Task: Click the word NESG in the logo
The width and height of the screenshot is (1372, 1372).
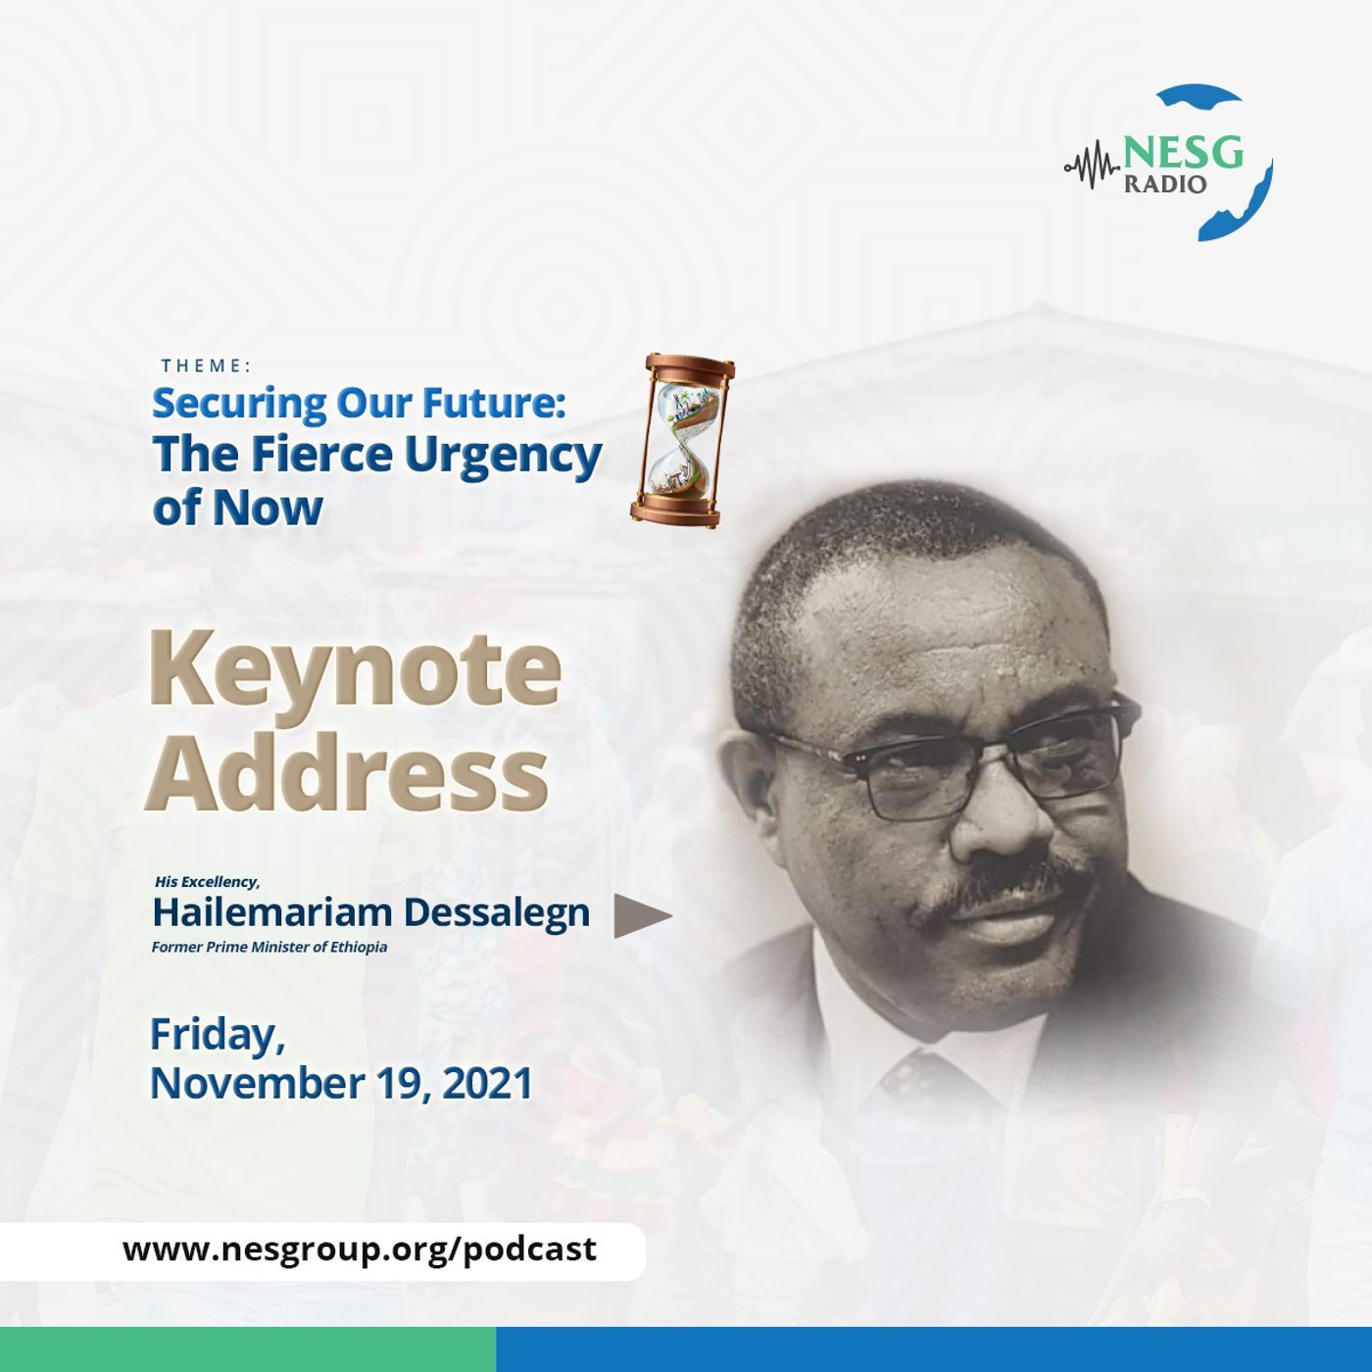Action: pos(1183,152)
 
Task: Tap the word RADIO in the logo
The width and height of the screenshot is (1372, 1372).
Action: pos(1165,185)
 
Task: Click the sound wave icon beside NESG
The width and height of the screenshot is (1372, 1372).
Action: pos(1093,167)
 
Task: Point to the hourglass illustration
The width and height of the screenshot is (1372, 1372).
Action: pos(681,441)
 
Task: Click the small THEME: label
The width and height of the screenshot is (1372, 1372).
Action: pos(206,366)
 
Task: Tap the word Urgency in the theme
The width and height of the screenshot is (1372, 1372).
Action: pos(504,457)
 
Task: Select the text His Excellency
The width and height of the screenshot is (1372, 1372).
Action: pos(207,882)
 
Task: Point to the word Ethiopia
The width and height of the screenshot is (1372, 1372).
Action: pos(359,948)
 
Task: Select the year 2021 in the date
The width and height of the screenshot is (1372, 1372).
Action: pos(488,1084)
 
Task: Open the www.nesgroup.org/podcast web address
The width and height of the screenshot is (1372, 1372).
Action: pos(360,1249)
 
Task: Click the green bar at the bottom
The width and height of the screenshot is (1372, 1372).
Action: pos(248,1349)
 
